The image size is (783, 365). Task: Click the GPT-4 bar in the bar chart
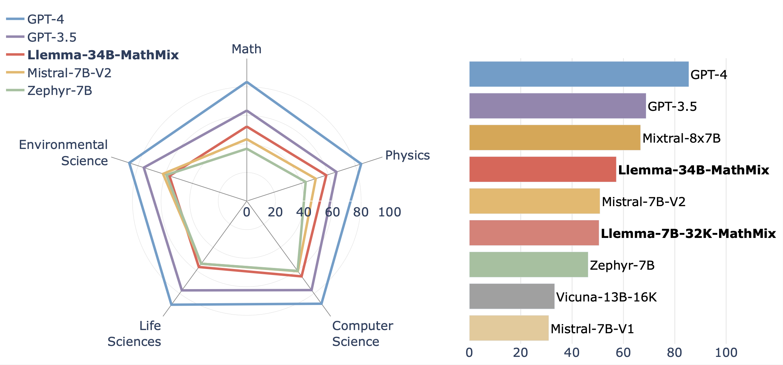[579, 74]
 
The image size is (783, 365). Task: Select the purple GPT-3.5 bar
[557, 106]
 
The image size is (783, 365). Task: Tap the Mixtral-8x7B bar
[554, 138]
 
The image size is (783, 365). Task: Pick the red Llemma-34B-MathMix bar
[542, 169]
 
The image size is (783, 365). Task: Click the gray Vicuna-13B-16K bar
[512, 297]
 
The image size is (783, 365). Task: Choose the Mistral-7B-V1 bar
[509, 328]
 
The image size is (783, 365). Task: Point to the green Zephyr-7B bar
[528, 265]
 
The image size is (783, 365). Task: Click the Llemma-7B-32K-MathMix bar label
[688, 233]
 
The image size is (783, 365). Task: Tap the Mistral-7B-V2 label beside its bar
[643, 202]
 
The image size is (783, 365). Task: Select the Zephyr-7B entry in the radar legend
[59, 91]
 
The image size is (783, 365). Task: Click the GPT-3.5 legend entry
[52, 37]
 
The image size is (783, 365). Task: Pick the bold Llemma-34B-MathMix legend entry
[103, 55]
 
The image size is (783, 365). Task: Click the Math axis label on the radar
[247, 49]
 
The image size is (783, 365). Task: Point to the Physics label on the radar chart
[407, 155]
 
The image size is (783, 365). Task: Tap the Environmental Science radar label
[64, 152]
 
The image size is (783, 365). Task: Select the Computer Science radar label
[362, 334]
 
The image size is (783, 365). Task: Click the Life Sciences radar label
[134, 334]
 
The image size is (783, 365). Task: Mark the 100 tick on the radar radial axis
[389, 212]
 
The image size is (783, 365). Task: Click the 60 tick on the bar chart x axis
[623, 352]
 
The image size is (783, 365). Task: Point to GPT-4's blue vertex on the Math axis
[247, 82]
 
